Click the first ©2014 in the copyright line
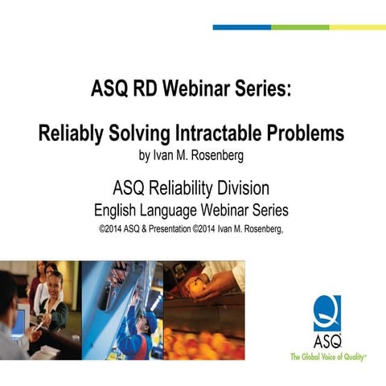tap(110, 228)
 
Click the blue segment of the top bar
tap(241, 27)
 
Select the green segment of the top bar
tap(300, 27)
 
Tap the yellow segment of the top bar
tap(358, 27)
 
